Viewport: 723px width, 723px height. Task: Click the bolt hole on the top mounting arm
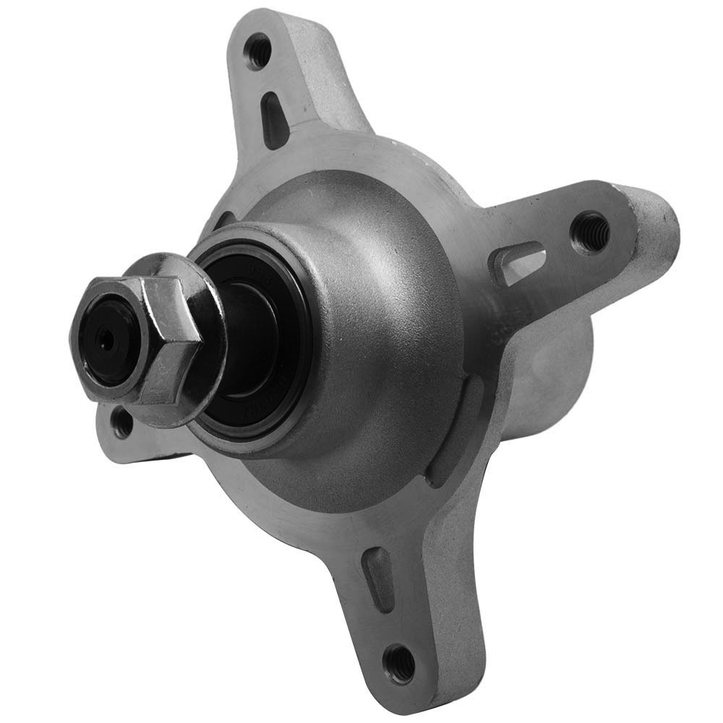click(257, 51)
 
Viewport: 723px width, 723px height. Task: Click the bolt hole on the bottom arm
click(398, 663)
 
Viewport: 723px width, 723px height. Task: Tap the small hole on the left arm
click(123, 422)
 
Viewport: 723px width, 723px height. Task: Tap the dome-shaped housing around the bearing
click(376, 325)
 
